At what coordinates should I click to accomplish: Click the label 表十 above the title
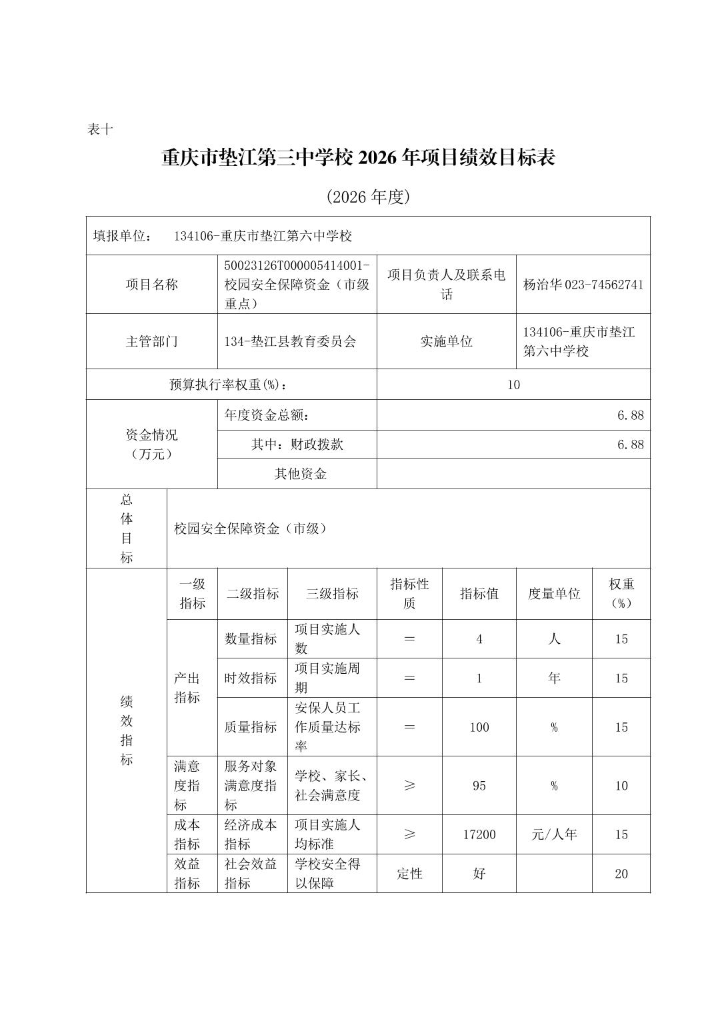tap(100, 129)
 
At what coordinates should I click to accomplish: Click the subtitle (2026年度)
tap(367, 197)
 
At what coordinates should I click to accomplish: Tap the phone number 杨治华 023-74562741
tap(583, 285)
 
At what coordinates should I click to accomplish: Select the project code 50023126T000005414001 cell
tap(297, 284)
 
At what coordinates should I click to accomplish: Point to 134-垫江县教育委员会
tap(291, 341)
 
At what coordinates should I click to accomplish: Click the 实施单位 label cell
tap(446, 341)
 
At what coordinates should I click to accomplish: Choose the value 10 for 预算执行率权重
tap(513, 385)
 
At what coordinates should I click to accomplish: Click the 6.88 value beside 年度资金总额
tap(630, 415)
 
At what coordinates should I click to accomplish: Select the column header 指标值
tap(479, 594)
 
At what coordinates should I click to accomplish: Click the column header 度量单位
tap(554, 594)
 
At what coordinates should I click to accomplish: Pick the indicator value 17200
tap(479, 834)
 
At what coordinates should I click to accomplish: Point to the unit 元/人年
tap(554, 834)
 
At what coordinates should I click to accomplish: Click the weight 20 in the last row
tap(621, 874)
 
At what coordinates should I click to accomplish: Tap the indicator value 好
tap(479, 874)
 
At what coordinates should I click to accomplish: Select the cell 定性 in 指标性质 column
tap(409, 874)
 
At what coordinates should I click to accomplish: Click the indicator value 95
tap(479, 786)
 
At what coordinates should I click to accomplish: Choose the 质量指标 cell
tap(251, 727)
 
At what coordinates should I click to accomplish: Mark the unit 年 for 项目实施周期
tap(554, 678)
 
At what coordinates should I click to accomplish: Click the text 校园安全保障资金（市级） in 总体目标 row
tap(251, 528)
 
